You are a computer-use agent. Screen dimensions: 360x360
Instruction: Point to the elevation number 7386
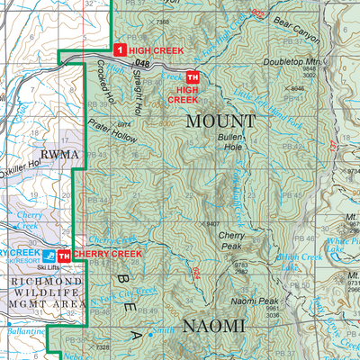click(x=162, y=21)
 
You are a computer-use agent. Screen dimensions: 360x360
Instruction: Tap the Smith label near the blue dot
click(x=164, y=331)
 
